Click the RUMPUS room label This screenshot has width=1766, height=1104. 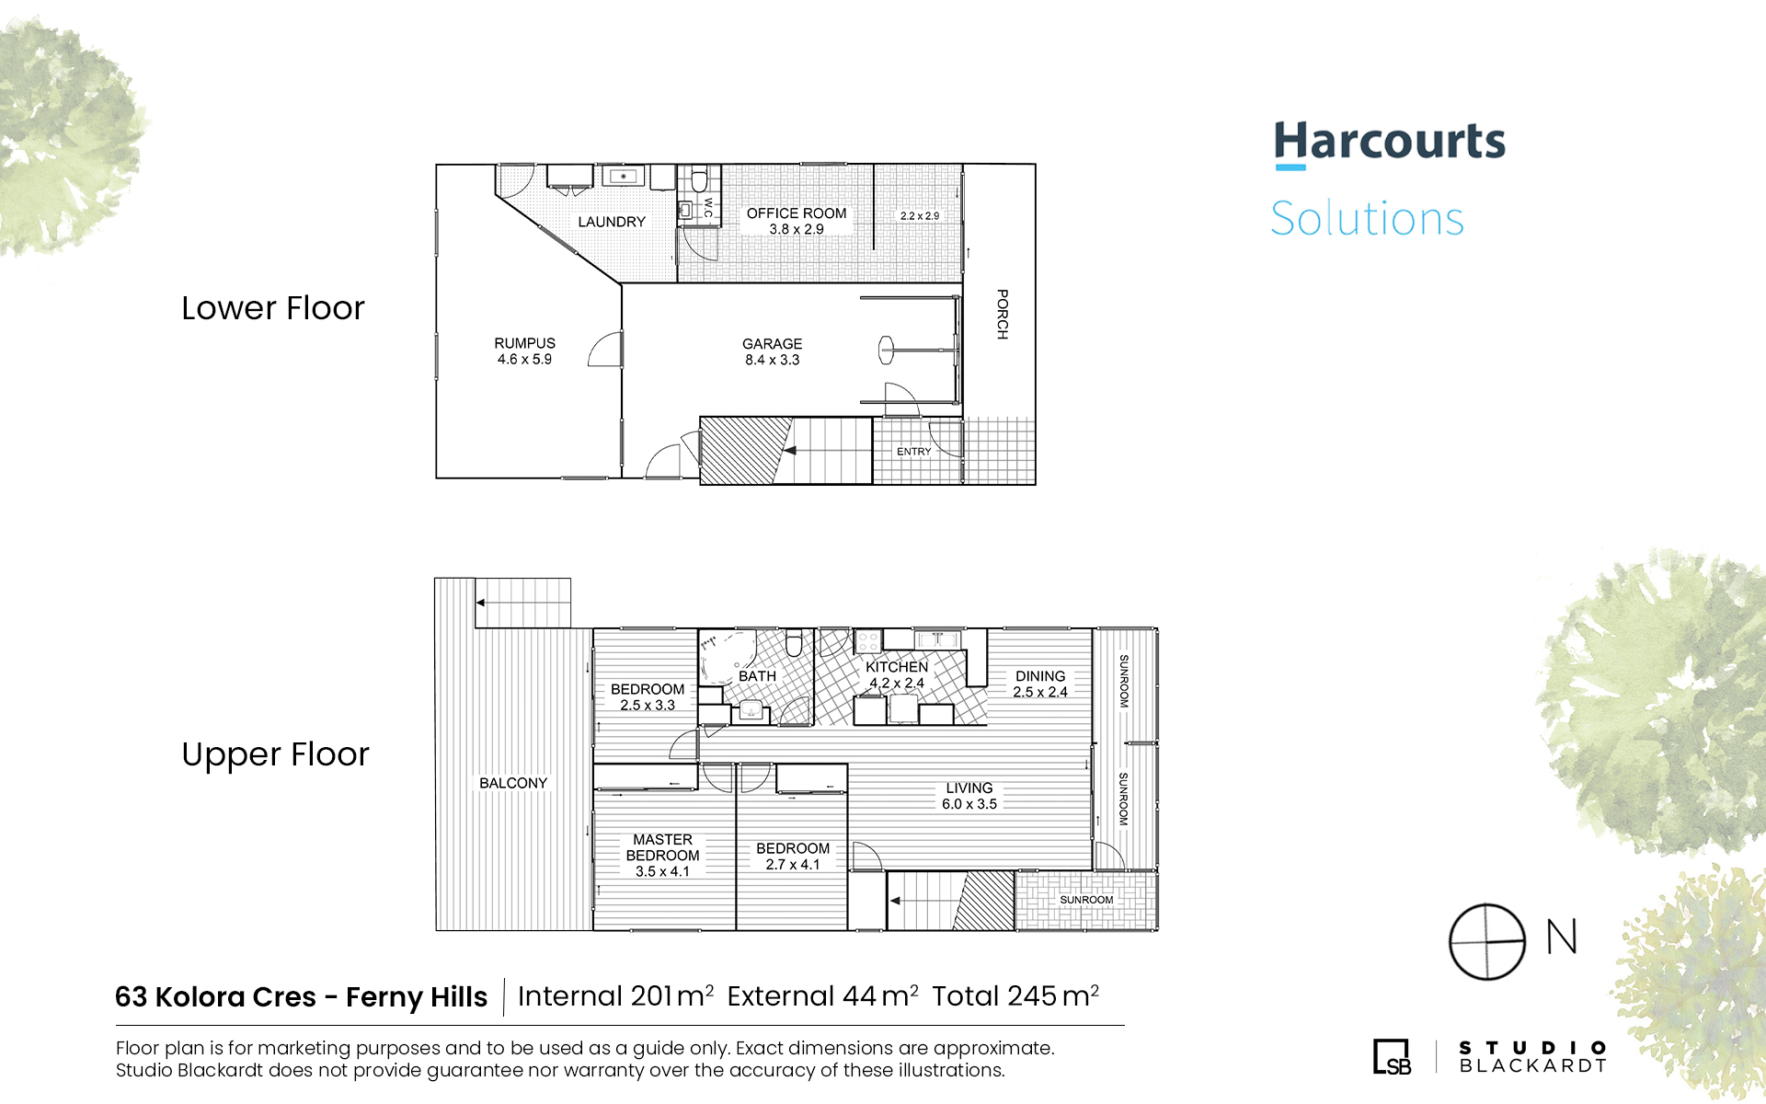click(x=524, y=343)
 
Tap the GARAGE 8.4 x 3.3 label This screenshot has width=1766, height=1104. click(x=772, y=351)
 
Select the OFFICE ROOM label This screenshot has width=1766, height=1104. click(x=797, y=213)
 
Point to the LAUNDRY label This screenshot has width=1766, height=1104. click(x=612, y=222)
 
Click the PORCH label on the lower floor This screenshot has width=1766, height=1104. click(x=1003, y=315)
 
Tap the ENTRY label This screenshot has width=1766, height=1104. click(x=914, y=452)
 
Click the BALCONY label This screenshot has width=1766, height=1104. click(x=513, y=783)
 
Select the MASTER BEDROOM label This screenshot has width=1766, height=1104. click(x=662, y=847)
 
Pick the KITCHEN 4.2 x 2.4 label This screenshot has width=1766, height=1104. click(x=897, y=674)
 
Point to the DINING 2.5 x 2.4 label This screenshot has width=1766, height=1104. click(x=1040, y=684)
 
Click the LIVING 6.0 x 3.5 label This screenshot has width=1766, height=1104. click(x=969, y=796)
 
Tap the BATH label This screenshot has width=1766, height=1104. click(x=757, y=676)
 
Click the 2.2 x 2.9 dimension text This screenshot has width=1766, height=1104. click(x=920, y=216)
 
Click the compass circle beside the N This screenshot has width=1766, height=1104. click(x=1487, y=942)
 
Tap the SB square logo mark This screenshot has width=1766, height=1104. click(x=1392, y=1056)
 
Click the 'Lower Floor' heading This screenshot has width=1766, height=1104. click(x=273, y=308)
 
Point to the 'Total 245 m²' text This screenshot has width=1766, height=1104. click(x=1015, y=995)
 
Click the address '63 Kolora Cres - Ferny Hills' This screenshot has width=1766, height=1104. click(x=301, y=996)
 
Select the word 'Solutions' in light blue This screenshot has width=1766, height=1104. click(x=1367, y=219)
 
